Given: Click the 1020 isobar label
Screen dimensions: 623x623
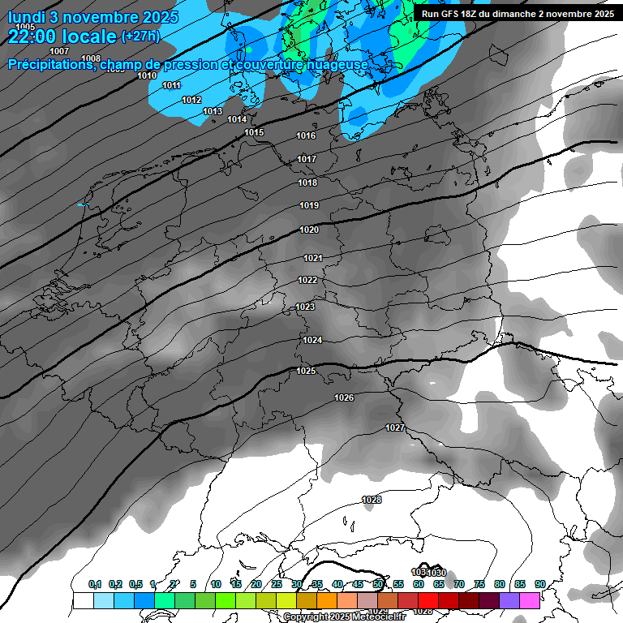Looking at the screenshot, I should [x=309, y=230].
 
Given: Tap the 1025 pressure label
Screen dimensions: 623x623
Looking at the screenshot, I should [x=306, y=371].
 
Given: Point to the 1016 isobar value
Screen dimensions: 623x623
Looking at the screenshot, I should [x=306, y=136].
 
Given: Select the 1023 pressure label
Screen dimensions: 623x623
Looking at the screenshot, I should [x=305, y=307].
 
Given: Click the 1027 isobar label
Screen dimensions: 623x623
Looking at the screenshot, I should [x=395, y=428].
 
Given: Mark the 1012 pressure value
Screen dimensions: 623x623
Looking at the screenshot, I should [x=191, y=100].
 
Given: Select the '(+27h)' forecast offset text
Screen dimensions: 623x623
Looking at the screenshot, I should [x=140, y=37].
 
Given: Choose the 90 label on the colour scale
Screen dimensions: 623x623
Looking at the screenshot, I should [x=539, y=584].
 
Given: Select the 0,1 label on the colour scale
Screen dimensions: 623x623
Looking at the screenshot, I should [x=95, y=584].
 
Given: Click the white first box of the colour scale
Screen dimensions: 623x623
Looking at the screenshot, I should [x=83, y=600].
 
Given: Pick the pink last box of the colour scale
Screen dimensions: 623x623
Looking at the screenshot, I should [x=530, y=600].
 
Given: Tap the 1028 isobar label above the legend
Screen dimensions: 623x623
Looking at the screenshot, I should [x=372, y=500].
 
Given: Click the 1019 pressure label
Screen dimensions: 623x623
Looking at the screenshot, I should [x=308, y=206].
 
